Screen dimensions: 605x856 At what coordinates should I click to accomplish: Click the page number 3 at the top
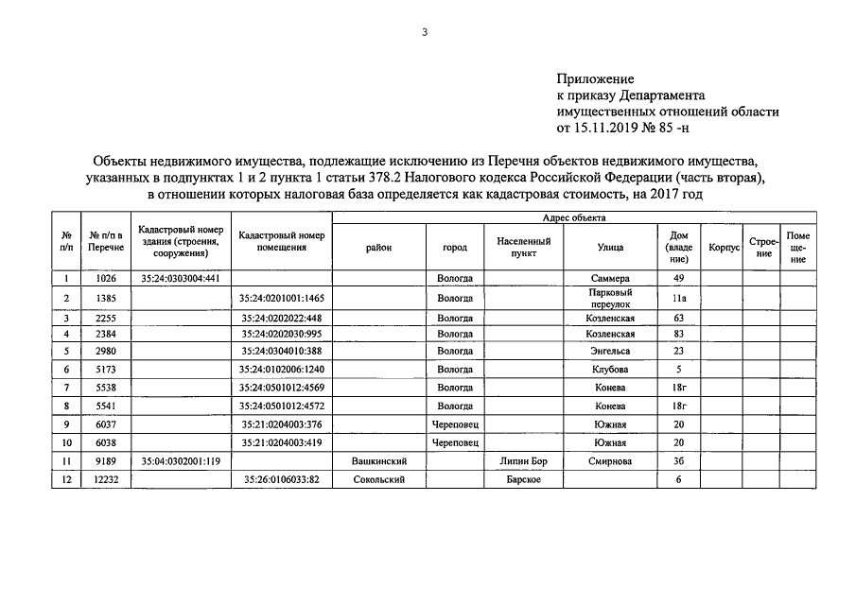click(x=425, y=32)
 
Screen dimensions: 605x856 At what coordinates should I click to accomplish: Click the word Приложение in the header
click(x=594, y=79)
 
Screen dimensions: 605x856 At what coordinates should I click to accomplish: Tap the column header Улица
click(x=609, y=248)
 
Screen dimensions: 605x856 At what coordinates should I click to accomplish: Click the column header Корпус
click(x=723, y=248)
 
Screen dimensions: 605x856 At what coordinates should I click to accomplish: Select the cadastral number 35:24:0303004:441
click(x=180, y=279)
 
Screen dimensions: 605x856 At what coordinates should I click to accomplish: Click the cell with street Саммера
click(x=609, y=279)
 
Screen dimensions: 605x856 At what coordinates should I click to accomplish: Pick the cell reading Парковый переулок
click(x=609, y=298)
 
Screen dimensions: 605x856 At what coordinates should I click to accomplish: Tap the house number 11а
click(x=677, y=298)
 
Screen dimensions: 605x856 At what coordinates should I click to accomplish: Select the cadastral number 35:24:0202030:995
click(x=282, y=335)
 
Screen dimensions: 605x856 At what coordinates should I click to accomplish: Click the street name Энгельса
click(x=609, y=351)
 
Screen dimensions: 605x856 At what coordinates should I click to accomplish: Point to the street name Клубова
click(x=609, y=369)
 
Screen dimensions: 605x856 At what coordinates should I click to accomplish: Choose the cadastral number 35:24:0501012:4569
click(x=282, y=388)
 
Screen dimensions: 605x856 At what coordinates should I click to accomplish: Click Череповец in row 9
click(x=455, y=424)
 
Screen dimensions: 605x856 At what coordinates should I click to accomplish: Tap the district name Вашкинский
click(x=378, y=461)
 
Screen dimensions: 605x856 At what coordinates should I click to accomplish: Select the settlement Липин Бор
click(x=523, y=461)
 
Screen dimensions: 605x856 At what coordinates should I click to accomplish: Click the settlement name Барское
click(x=523, y=480)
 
